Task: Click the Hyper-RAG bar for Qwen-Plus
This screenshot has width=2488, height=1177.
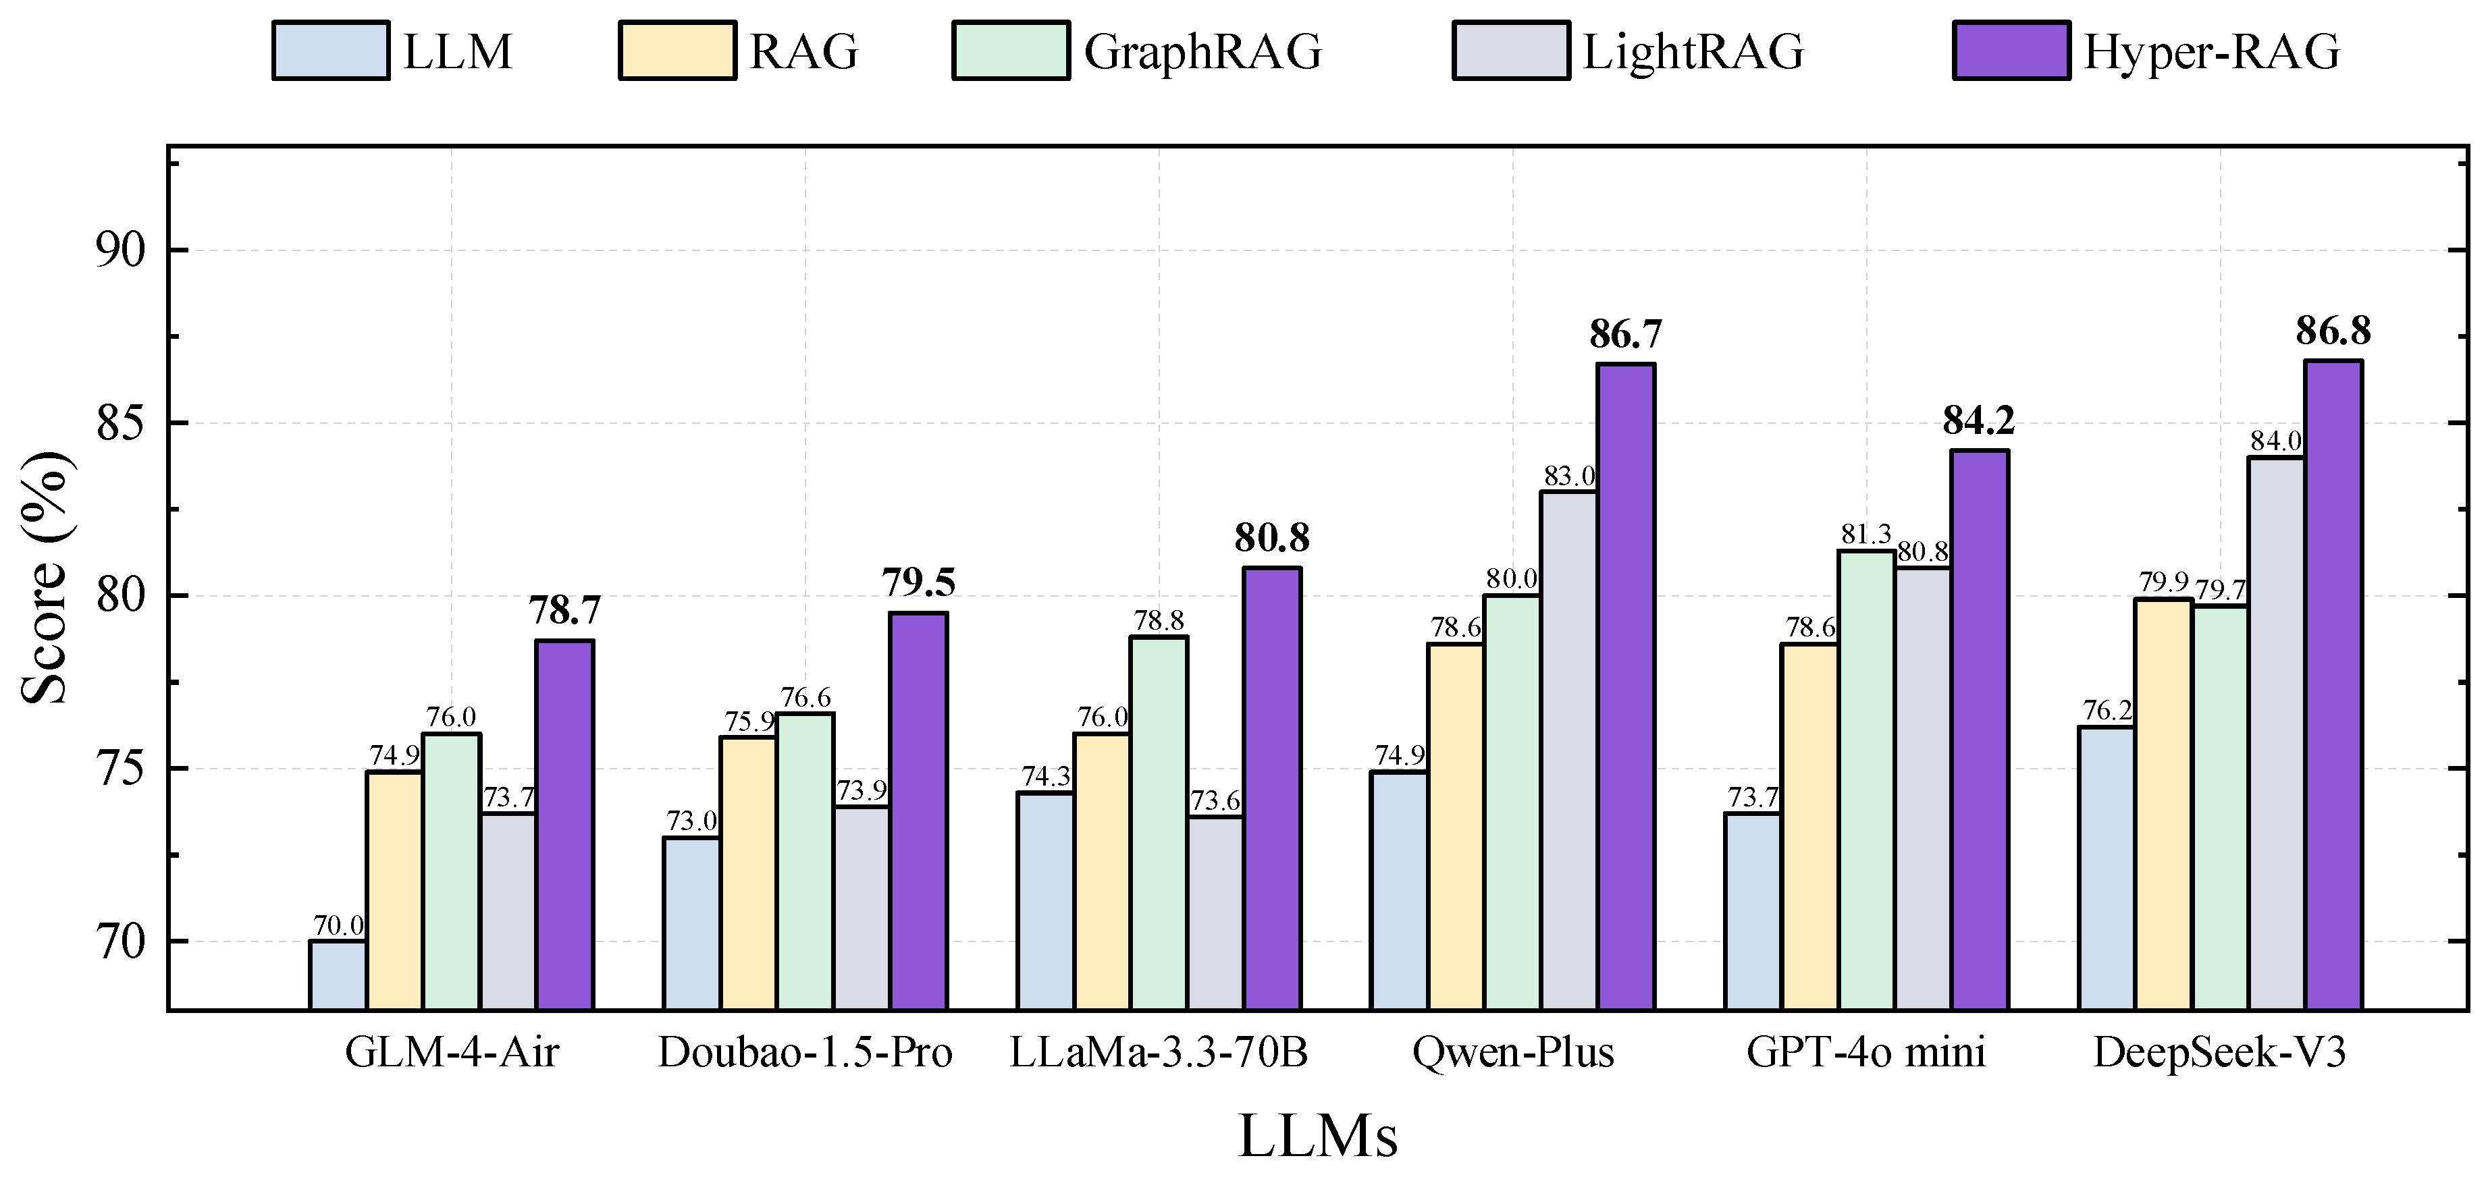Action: pyautogui.click(x=1626, y=686)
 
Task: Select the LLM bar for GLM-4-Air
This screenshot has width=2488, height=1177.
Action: pyautogui.click(x=337, y=975)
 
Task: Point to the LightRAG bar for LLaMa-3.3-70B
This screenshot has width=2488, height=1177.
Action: pyautogui.click(x=1215, y=912)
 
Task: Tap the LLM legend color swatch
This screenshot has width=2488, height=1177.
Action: pyautogui.click(x=332, y=50)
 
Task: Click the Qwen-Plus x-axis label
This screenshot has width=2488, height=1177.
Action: pyautogui.click(x=1512, y=1052)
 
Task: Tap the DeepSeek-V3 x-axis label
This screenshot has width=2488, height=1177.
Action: pyautogui.click(x=2219, y=1052)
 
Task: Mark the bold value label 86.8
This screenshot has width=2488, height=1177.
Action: pyautogui.click(x=2333, y=331)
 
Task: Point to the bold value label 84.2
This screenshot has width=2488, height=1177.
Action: pyautogui.click(x=1979, y=421)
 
